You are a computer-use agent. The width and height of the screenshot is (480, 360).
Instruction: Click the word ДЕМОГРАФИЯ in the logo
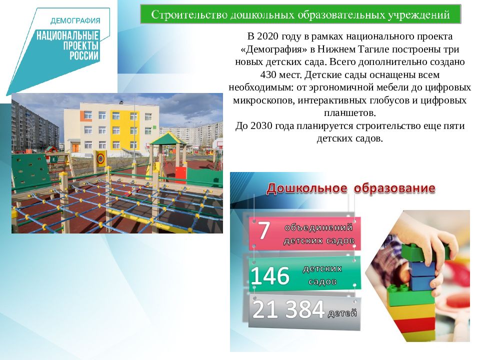(x=75, y=20)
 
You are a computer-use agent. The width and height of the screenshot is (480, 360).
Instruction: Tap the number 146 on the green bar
(x=270, y=275)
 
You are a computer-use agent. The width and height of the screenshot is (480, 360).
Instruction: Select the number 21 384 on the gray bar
(x=288, y=310)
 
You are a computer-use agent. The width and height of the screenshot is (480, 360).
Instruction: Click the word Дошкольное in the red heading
(x=306, y=188)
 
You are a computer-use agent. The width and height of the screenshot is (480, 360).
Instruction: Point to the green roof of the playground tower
(x=168, y=137)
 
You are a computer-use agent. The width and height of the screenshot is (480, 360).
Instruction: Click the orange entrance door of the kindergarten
(x=75, y=147)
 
